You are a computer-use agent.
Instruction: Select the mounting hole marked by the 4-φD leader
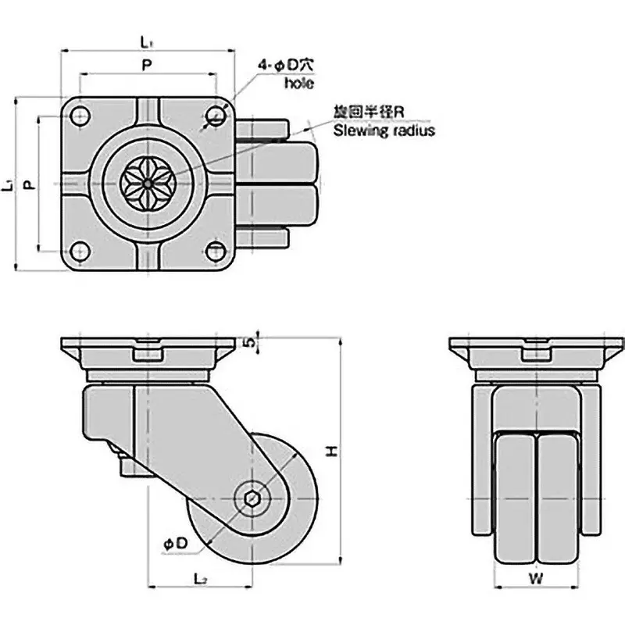(x=214, y=118)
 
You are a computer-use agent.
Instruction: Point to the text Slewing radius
(x=384, y=130)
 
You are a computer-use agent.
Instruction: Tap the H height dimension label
(x=331, y=450)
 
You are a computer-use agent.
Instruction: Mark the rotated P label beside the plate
(x=28, y=185)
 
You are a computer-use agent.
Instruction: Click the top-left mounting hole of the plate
(x=80, y=118)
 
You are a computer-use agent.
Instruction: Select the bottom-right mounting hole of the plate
(x=214, y=250)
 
